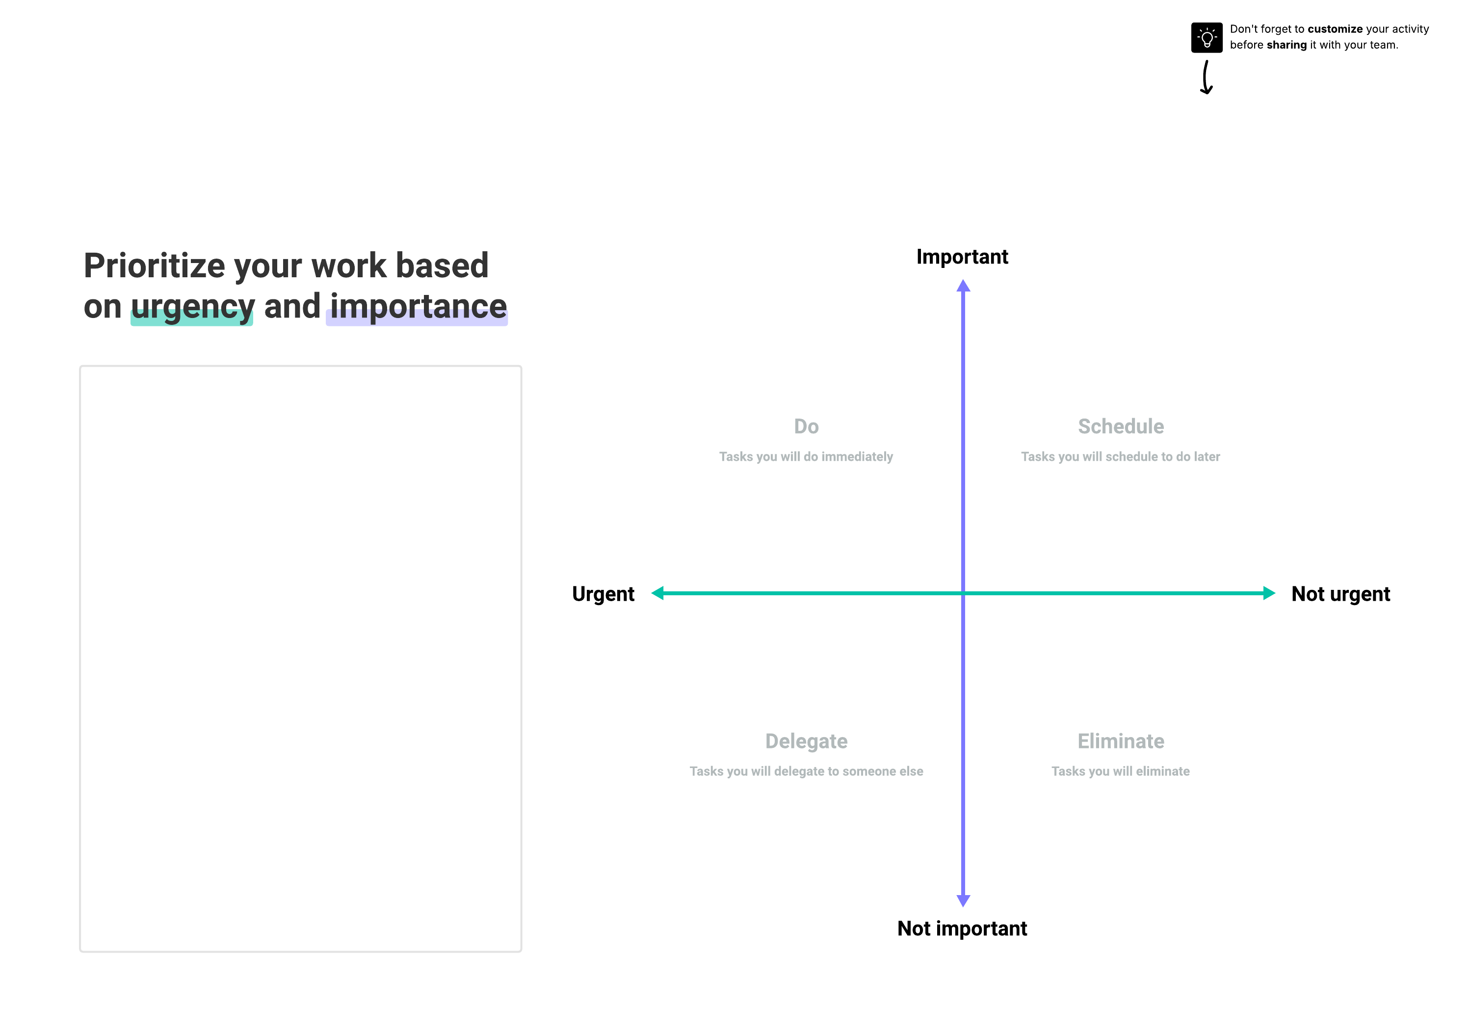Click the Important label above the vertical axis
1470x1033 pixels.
point(962,257)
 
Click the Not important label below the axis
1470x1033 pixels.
point(962,928)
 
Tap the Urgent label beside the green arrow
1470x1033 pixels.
point(603,594)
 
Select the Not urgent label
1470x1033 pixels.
point(1340,594)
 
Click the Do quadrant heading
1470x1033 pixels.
point(806,426)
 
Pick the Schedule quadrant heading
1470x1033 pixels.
point(1121,426)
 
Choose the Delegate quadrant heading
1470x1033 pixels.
point(806,742)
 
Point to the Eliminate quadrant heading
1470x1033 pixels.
point(1121,741)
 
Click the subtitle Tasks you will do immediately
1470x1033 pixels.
point(806,456)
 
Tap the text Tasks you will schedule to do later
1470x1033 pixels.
point(1121,456)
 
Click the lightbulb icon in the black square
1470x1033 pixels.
point(1207,38)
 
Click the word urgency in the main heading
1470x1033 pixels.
point(193,307)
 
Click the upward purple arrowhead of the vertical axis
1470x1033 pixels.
point(963,286)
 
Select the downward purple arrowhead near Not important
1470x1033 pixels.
point(963,901)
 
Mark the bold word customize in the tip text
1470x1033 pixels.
point(1335,29)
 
